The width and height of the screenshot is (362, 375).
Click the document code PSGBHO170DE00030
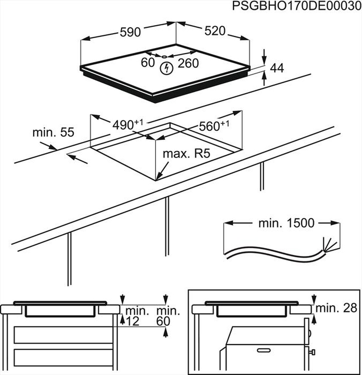click(x=296, y=7)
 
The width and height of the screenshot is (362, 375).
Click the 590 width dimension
click(x=130, y=32)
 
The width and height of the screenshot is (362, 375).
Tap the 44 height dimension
click(x=277, y=68)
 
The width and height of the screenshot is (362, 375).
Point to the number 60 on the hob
click(x=148, y=63)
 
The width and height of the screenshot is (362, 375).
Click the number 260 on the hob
click(x=188, y=63)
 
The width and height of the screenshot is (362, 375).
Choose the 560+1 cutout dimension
click(x=214, y=126)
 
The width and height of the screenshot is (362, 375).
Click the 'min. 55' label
click(x=53, y=132)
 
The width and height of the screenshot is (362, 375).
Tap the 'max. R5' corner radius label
click(x=186, y=154)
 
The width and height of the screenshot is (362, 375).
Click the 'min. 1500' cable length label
click(x=286, y=223)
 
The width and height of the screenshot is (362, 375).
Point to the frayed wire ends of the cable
click(x=330, y=246)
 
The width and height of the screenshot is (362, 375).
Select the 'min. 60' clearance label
click(x=168, y=316)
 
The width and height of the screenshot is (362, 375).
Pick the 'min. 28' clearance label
click(x=336, y=308)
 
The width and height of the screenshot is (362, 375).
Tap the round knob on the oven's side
click(x=312, y=351)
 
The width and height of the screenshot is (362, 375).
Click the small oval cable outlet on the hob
click(x=164, y=56)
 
